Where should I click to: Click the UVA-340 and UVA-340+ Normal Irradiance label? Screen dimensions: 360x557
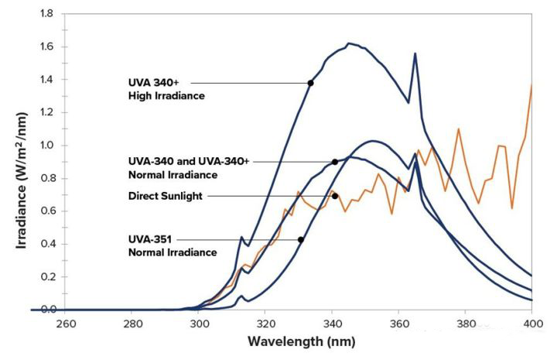(190, 167)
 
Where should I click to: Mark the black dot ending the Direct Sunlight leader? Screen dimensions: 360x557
(335, 196)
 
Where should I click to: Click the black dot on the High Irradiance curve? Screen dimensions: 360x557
(310, 83)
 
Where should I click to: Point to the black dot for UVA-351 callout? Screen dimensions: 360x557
(300, 239)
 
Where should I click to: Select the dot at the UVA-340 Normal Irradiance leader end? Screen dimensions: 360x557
(334, 162)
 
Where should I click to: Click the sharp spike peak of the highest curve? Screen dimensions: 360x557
(415, 53)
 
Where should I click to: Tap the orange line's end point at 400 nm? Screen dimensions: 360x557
(532, 84)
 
